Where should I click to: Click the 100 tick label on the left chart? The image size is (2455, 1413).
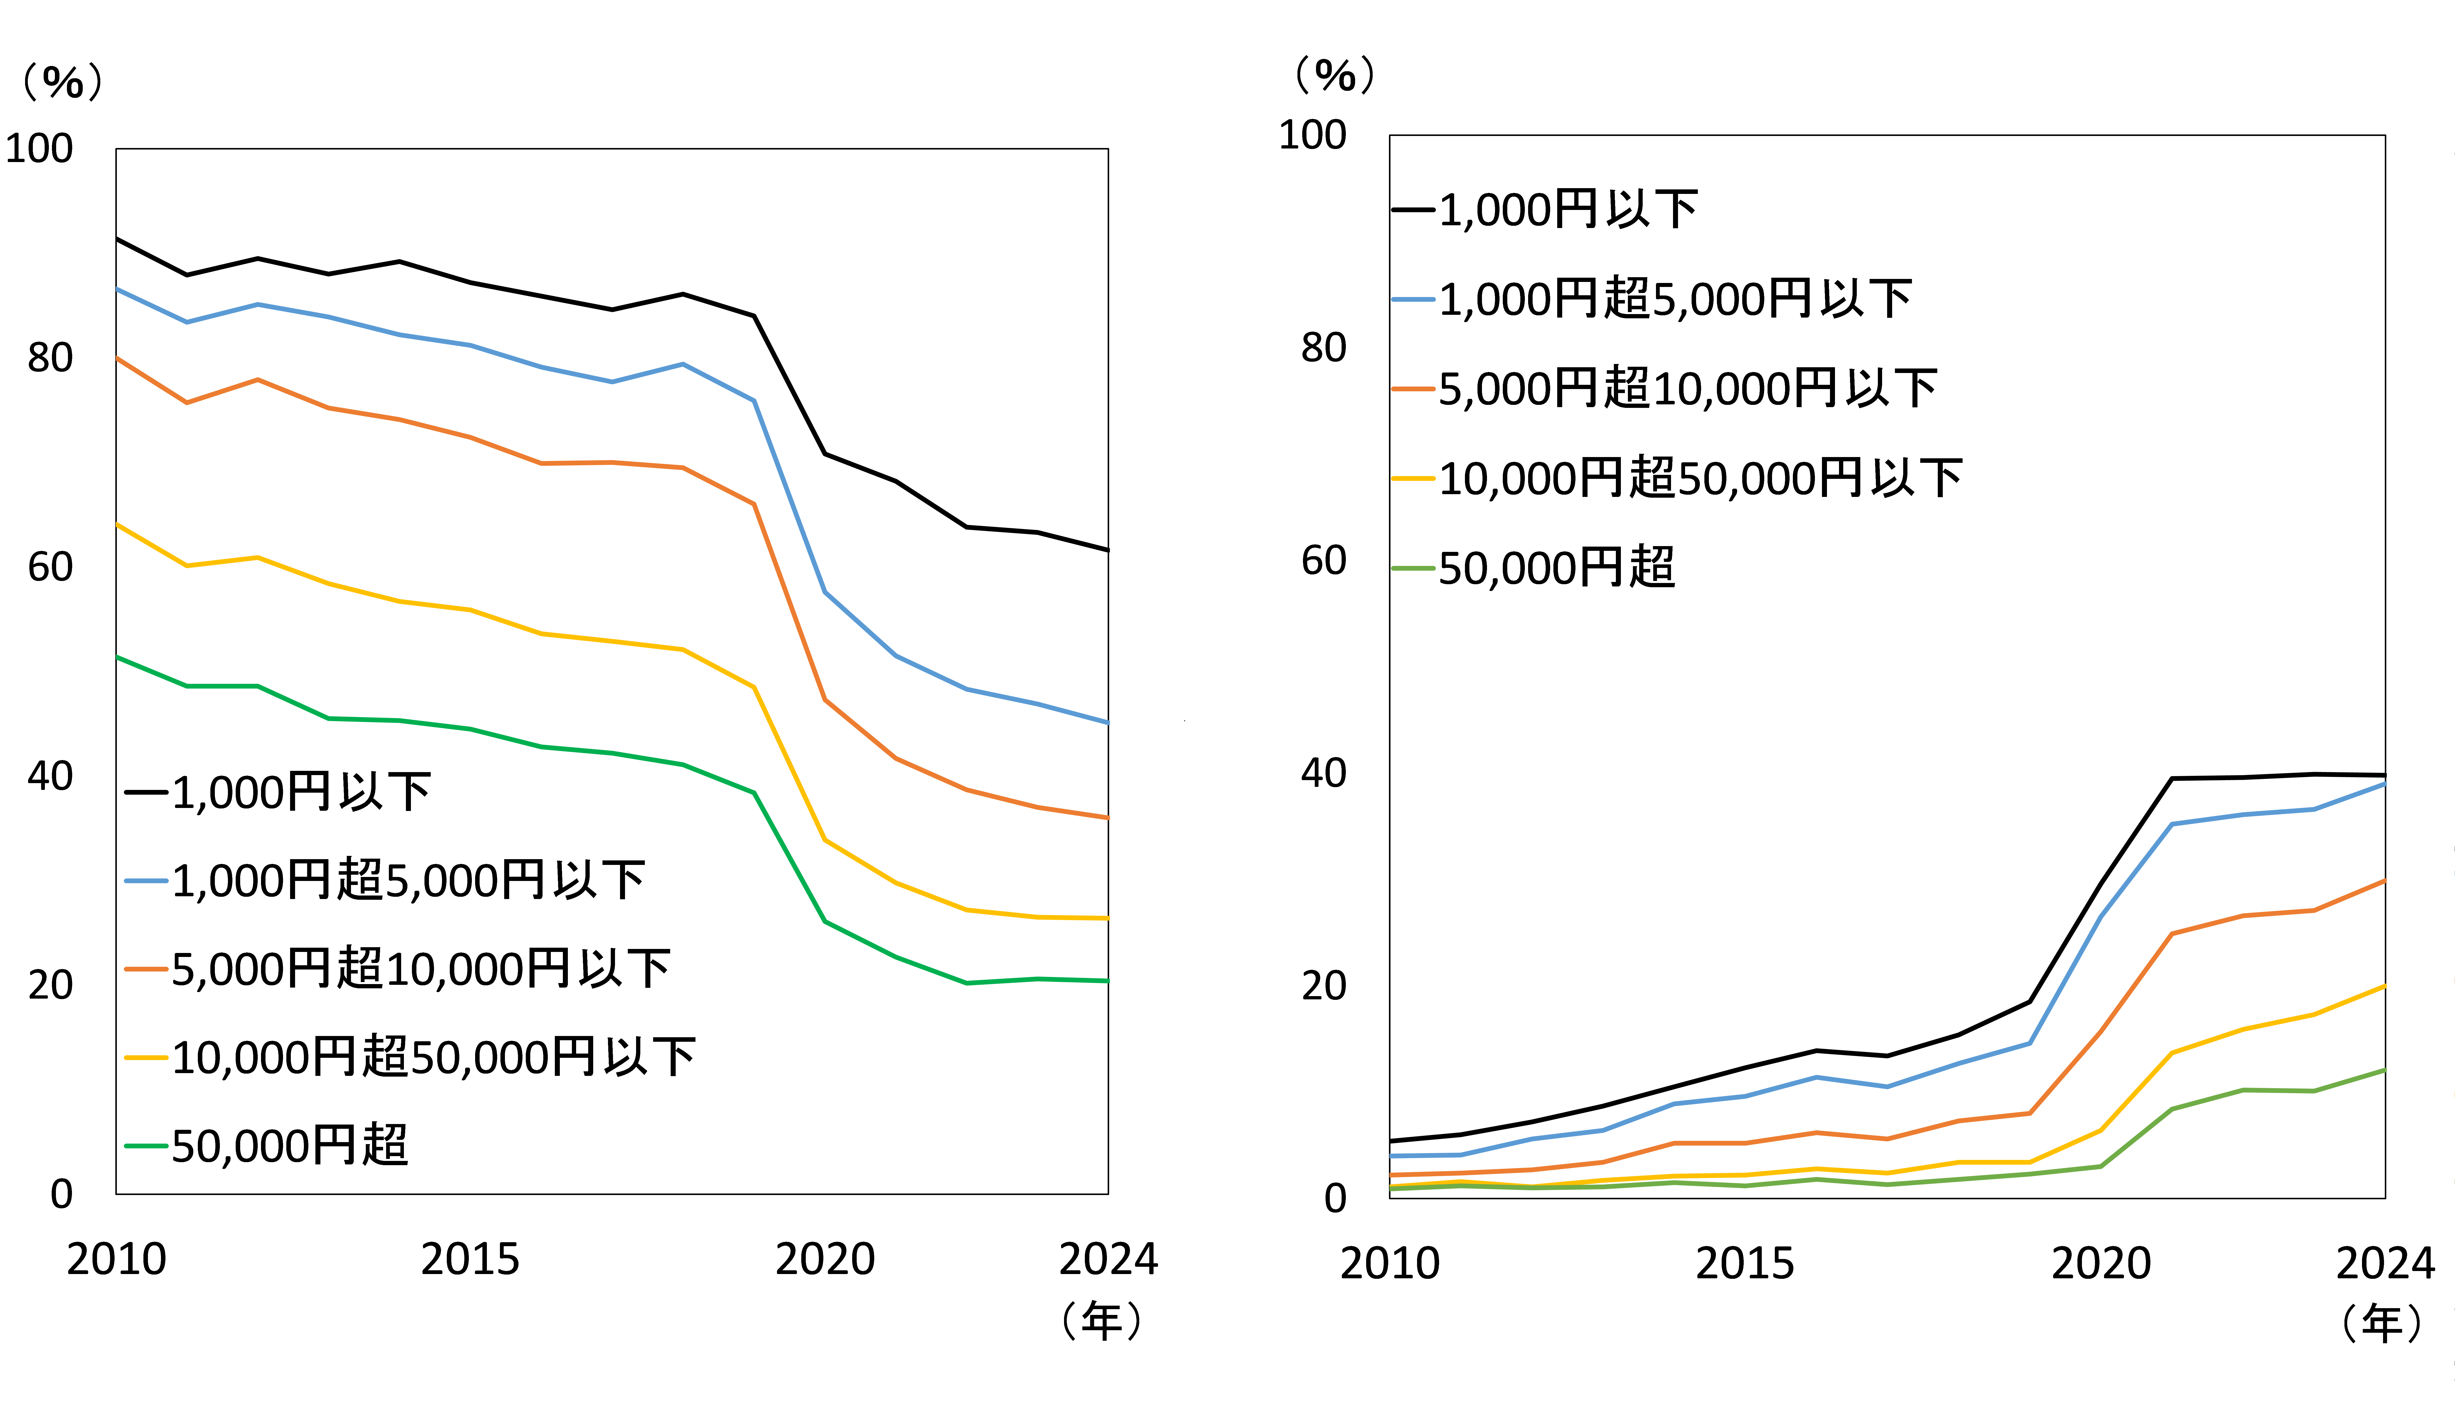(39, 148)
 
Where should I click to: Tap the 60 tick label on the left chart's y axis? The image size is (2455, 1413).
(50, 567)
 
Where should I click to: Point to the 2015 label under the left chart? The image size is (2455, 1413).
(470, 1260)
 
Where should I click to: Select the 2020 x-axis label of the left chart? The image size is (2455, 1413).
(825, 1260)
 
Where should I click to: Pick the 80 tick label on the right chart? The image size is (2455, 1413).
(1324, 347)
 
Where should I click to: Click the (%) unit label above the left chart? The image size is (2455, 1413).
(63, 82)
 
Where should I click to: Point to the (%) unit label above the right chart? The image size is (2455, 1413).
(1336, 75)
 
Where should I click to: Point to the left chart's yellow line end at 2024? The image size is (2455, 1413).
(1108, 918)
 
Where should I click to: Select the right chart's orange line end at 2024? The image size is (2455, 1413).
(2384, 880)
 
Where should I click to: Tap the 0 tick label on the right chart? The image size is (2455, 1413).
(1336, 1199)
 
